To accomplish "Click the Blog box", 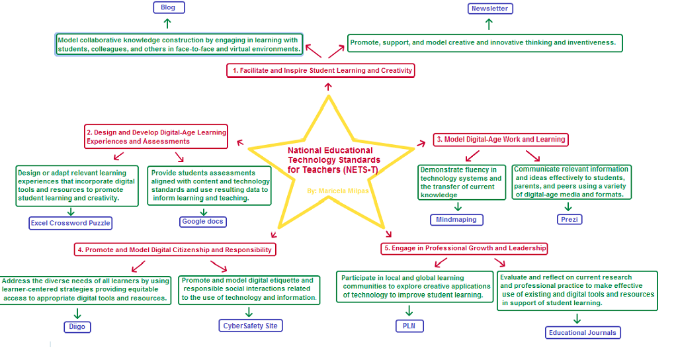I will point(169,8).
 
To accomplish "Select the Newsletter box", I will point(489,9).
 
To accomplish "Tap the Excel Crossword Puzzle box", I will point(71,223).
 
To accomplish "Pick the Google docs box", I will point(203,222).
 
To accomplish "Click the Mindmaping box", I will point(456,220).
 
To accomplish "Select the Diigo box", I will point(77,327).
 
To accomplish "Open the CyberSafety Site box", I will point(251,326).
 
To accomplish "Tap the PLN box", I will point(409,326).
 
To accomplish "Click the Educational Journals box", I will point(583,333).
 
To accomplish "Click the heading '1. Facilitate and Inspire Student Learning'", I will point(321,70).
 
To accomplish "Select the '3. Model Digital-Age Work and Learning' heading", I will point(501,140).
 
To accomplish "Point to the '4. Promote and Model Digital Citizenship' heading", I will point(175,249).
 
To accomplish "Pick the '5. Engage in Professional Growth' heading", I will point(465,248).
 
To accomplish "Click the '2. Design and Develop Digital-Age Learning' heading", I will point(156,137).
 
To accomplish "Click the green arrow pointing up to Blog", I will point(167,24).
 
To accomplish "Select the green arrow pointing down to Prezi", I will point(568,206).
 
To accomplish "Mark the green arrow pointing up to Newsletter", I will point(489,24).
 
